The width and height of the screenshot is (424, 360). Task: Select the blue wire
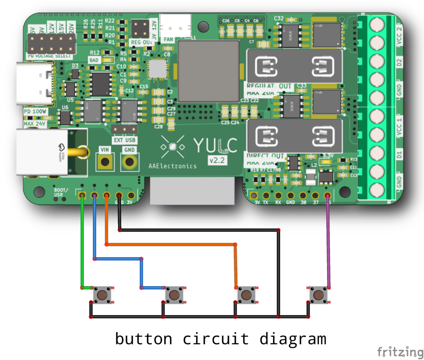point(118,259)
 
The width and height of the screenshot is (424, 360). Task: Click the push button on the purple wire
point(318,295)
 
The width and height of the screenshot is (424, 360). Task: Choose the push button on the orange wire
point(246,295)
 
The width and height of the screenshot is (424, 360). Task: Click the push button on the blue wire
point(174,295)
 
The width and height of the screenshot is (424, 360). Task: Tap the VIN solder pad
point(105,161)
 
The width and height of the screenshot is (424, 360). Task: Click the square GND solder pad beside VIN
point(130,161)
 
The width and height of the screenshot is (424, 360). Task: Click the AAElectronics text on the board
point(173,166)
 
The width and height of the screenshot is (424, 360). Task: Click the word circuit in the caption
point(216,339)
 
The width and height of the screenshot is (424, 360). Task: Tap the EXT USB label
point(124,140)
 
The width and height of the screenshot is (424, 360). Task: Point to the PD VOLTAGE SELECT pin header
point(51,43)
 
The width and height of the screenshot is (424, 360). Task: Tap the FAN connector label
point(168,40)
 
